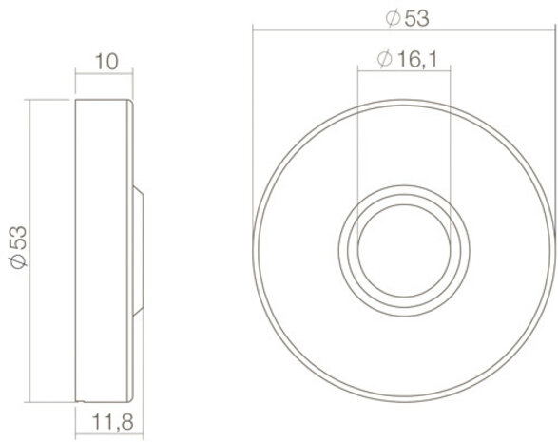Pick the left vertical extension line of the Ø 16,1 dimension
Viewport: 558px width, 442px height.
[356, 143]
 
